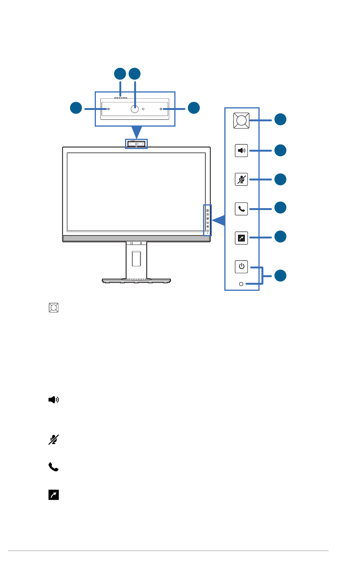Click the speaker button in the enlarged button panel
pos(241,151)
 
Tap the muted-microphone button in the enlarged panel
pos(241,179)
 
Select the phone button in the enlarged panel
pos(241,209)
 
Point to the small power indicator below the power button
pos(241,284)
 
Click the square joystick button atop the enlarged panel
pos(241,121)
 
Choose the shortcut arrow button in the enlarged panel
pos(241,238)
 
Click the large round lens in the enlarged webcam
pos(135,109)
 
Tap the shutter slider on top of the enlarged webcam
pos(120,97)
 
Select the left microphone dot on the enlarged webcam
pos(108,109)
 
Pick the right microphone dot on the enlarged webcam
pos(161,109)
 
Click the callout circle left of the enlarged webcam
pos(76,108)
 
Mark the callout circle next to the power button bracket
pos(280,276)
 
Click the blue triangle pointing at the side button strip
pos(219,220)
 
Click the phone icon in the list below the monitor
pos(53,467)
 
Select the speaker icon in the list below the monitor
pos(53,400)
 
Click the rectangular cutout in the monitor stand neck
pos(136,259)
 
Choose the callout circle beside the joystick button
pos(280,119)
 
